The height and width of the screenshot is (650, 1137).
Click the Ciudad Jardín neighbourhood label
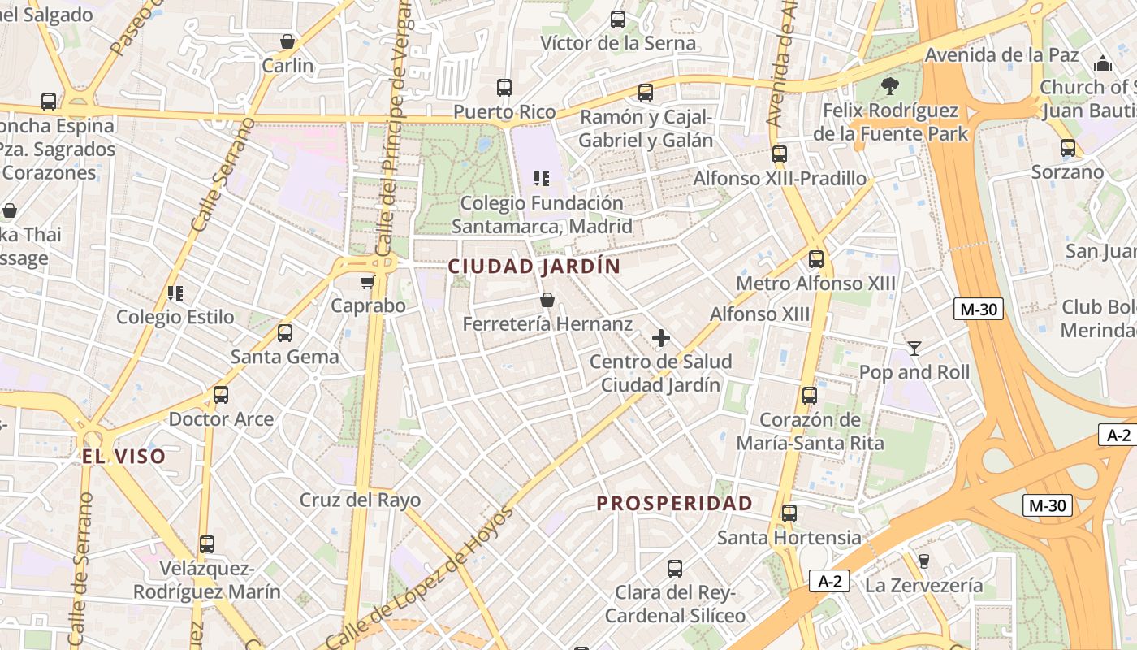[534, 266]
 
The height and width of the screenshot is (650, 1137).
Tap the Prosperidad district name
[675, 503]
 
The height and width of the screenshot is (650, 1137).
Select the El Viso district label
[123, 456]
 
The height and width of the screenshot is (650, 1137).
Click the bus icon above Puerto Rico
[504, 88]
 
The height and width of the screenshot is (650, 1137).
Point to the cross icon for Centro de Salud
[661, 337]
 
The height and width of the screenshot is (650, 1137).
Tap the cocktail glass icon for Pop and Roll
[914, 348]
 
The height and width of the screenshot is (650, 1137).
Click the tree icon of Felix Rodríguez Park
[890, 85]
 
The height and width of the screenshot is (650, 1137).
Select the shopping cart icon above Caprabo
[368, 282]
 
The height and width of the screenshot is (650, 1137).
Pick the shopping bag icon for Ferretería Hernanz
[547, 300]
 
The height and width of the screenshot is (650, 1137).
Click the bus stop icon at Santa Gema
[285, 332]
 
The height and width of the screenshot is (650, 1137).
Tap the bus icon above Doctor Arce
[221, 395]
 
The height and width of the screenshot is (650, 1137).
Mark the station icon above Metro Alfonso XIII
[816, 259]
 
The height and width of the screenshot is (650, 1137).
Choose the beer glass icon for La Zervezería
[923, 561]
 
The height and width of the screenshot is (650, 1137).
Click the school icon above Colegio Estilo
[175, 292]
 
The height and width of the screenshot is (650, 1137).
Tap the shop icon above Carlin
[287, 41]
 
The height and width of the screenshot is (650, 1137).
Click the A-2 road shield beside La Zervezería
[829, 581]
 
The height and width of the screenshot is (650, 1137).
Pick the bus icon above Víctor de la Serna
[618, 19]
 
